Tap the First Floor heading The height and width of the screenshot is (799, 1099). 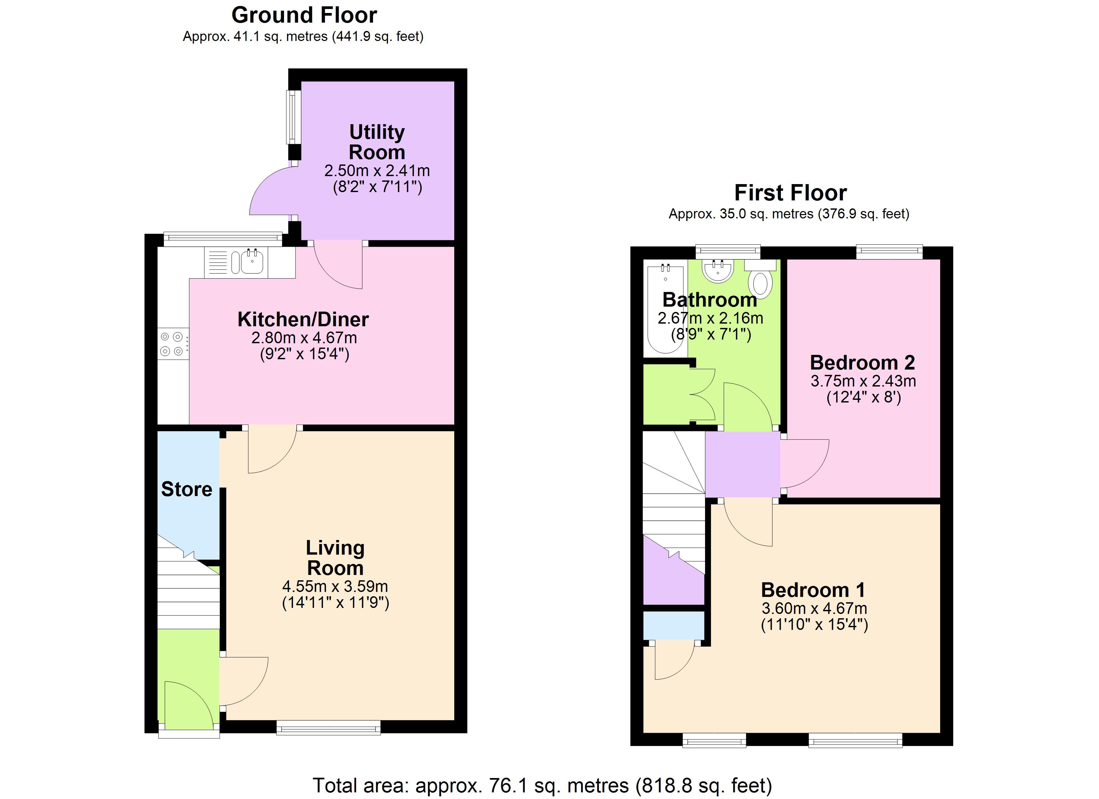[x=790, y=193]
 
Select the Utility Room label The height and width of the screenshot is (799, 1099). [x=377, y=141]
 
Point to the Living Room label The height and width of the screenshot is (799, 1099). [x=335, y=557]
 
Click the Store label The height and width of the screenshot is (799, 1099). [x=186, y=489]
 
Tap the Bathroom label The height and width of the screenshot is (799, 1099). [x=710, y=300]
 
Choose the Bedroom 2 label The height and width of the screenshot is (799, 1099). [x=863, y=363]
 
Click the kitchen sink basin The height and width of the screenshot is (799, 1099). [x=252, y=262]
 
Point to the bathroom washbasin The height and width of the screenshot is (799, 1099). [x=718, y=270]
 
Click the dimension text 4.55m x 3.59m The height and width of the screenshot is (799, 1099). [x=335, y=586]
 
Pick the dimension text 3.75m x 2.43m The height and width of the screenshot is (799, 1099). [x=864, y=381]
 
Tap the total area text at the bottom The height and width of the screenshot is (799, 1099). [x=542, y=785]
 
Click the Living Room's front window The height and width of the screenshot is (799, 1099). [x=329, y=727]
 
